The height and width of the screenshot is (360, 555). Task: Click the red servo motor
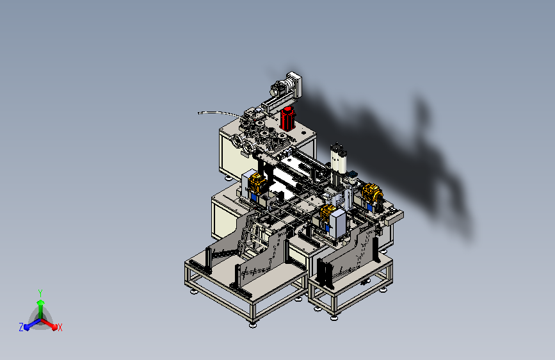click(287, 119)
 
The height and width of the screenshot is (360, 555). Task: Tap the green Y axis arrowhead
click(40, 302)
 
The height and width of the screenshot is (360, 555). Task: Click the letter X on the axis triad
click(60, 328)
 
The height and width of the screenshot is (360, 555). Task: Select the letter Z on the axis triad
click(21, 327)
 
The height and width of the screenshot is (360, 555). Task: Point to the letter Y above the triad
click(40, 293)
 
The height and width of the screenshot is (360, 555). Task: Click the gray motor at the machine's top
click(280, 88)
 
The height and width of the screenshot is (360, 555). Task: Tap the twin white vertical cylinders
click(339, 158)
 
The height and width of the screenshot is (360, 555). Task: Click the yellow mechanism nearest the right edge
click(373, 193)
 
